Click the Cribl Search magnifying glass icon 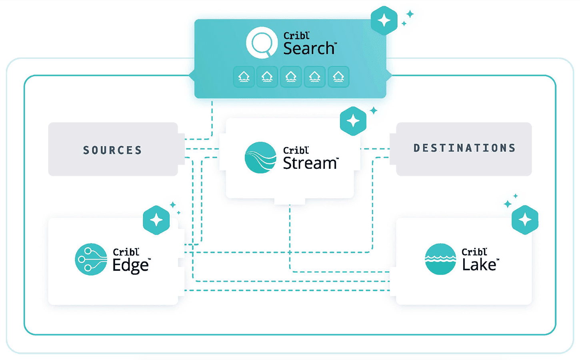pos(262,43)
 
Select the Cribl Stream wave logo pos(260,158)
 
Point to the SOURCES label pos(112,150)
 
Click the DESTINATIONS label pos(464,148)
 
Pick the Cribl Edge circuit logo pos(91,259)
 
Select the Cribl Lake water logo pos(440,259)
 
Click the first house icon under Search pos(244,77)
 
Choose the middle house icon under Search pos(291,77)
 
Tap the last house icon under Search pos(338,77)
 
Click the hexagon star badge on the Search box pos(384,20)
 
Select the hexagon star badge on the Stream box pos(353,121)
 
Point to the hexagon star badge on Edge pos(156,220)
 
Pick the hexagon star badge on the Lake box pos(525,220)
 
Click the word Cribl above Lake pos(474,252)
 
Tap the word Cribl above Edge pos(126,252)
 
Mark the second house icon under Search pos(267,77)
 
